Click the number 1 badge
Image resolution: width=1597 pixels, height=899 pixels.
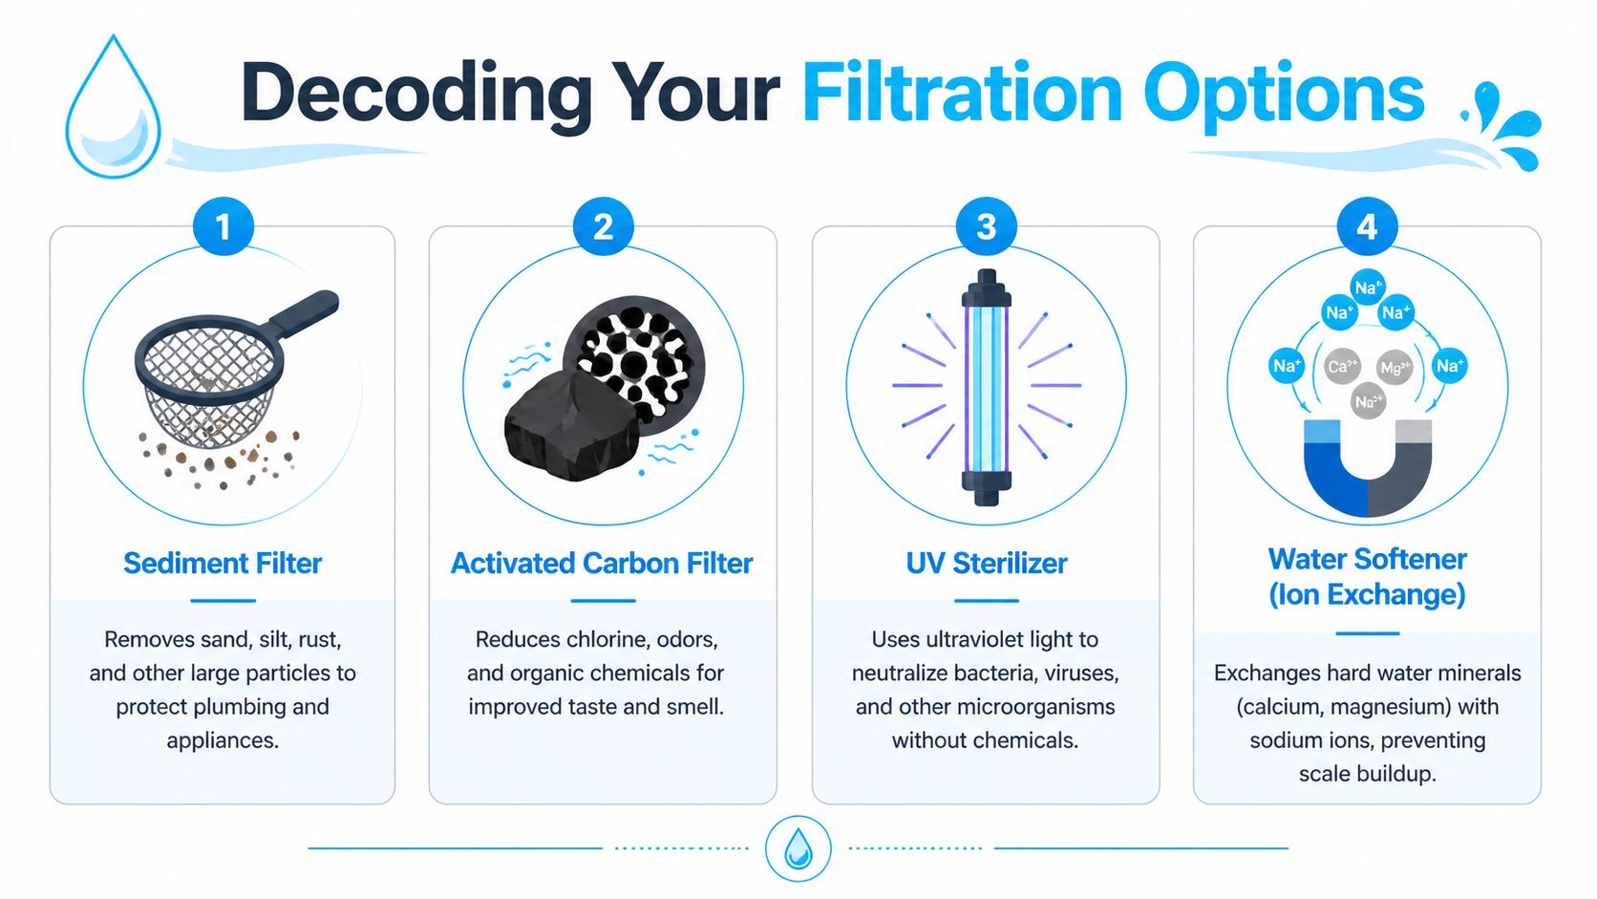pos(223,227)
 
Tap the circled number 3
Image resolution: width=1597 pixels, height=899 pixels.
pos(986,227)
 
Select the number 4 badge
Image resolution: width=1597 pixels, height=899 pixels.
pos(1367,227)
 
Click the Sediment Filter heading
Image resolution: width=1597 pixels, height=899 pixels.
pos(223,564)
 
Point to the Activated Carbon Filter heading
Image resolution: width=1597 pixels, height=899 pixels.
pos(602,564)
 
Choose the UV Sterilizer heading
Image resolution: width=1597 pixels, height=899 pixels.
pos(986,564)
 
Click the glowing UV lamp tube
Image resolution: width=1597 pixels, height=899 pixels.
pos(986,387)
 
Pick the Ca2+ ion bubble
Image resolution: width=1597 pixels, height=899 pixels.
pos(1342,366)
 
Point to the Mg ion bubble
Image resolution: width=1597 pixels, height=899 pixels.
pos(1395,367)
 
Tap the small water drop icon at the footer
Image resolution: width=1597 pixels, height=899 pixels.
pos(798,848)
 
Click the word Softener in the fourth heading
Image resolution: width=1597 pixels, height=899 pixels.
pos(1410,559)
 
